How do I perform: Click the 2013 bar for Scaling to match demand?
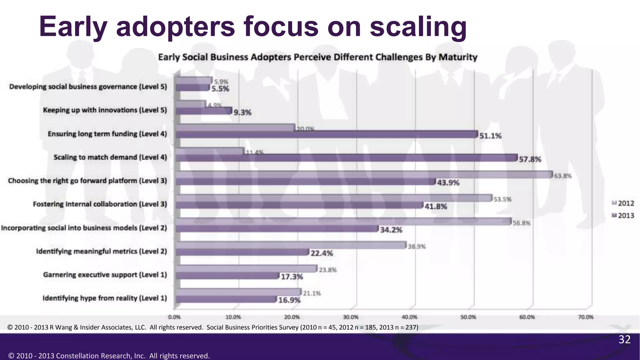coord(346,158)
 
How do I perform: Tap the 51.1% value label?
coord(490,136)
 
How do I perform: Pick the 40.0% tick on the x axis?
coord(409,317)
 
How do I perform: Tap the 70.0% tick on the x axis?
coord(586,317)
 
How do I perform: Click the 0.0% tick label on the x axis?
coord(174,317)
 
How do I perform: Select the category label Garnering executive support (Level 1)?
coord(105,275)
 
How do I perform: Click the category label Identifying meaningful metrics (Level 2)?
coord(102,251)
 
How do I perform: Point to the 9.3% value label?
coord(242,112)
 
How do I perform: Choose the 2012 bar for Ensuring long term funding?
coord(235,128)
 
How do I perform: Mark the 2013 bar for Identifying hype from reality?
coord(226,299)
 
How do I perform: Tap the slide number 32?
coord(624,339)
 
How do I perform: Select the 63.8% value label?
coord(562,176)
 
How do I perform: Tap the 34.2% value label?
coord(391,230)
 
